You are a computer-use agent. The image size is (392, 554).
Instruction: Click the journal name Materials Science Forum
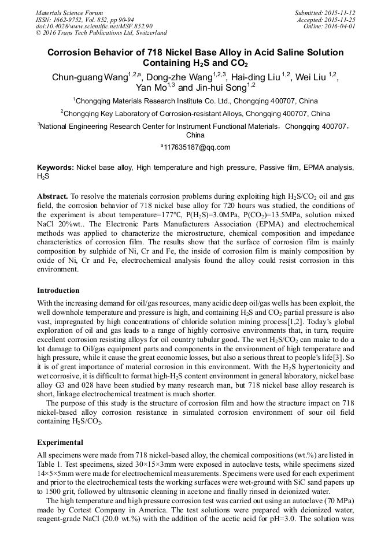[x=69, y=13]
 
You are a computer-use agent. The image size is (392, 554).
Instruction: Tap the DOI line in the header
[x=94, y=26]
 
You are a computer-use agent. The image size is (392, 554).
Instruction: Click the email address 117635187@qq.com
[x=197, y=147]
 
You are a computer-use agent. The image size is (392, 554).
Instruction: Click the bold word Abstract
[x=53, y=196]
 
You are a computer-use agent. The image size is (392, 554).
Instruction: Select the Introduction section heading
[x=58, y=290]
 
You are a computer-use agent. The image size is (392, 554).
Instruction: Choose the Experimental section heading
[x=60, y=443]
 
